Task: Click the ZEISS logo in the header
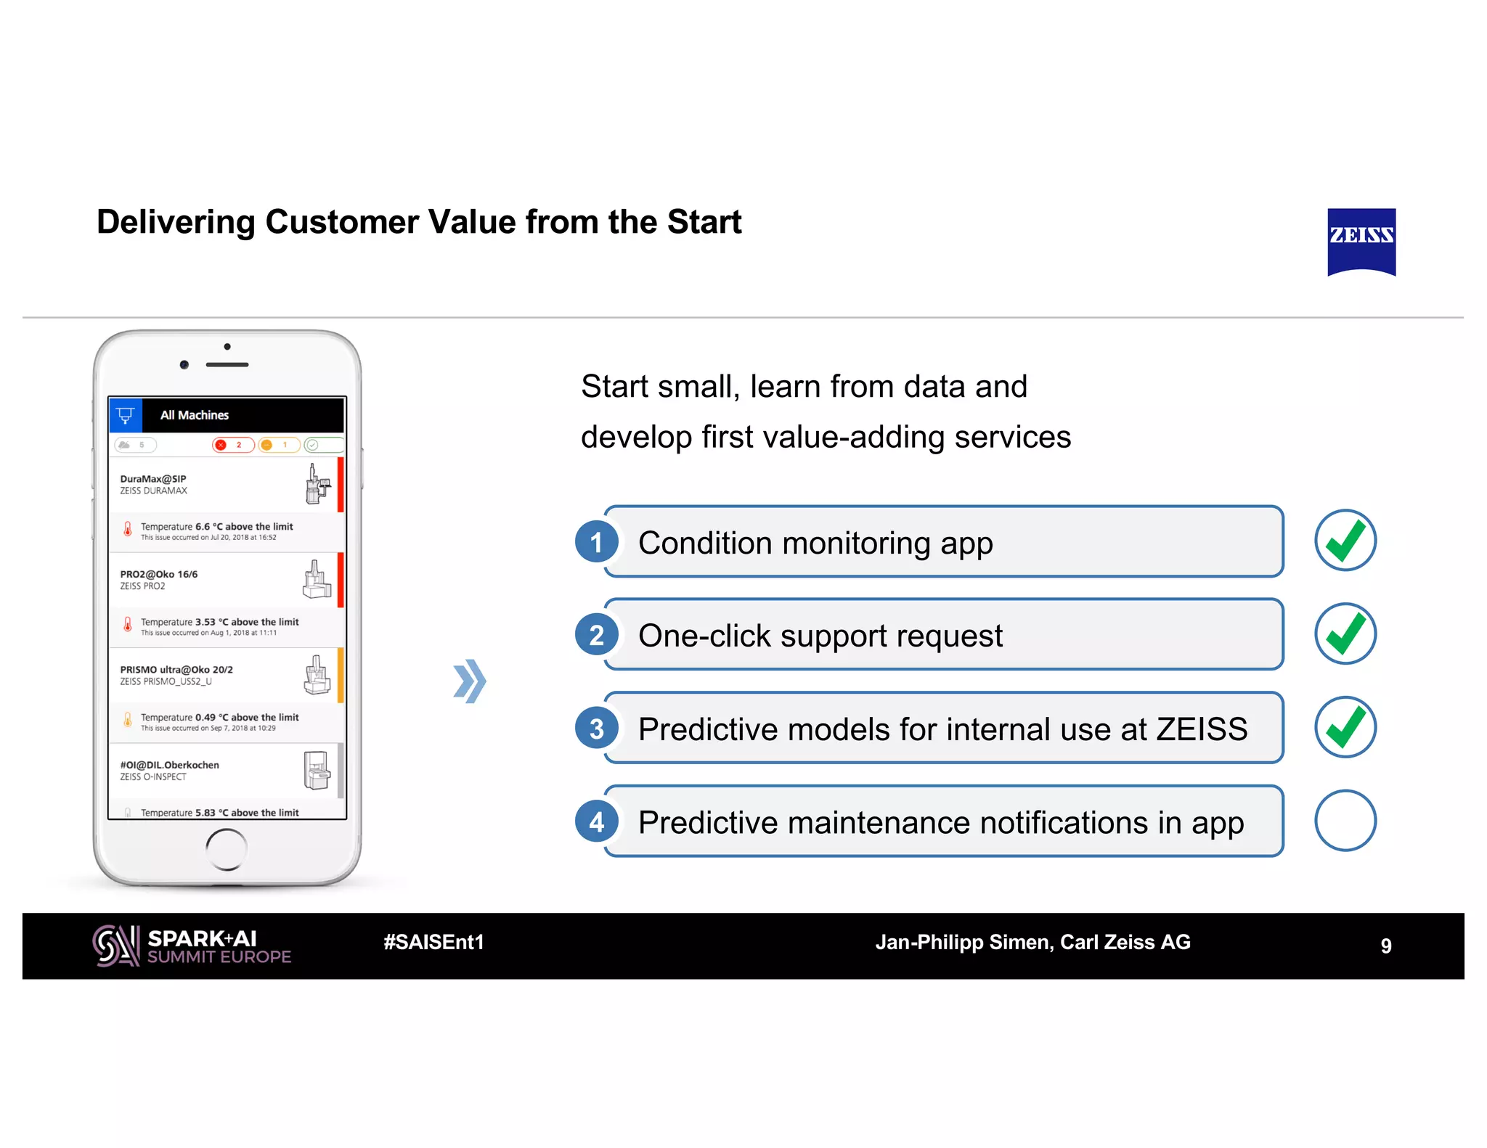tap(1361, 241)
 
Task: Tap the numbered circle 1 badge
tap(596, 542)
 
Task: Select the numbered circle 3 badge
tap(596, 729)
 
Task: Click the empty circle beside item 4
tap(1345, 820)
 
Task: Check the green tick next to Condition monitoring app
tap(1345, 541)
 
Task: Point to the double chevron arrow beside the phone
tap(469, 681)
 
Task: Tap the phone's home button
tap(227, 848)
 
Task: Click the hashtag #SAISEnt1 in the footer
tap(433, 942)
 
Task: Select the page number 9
tap(1385, 946)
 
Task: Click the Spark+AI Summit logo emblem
tap(115, 946)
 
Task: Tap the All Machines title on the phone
tap(195, 415)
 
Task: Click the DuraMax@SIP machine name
tap(153, 479)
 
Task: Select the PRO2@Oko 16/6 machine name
tap(159, 574)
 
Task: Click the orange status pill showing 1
tap(279, 445)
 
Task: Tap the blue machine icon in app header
tap(125, 415)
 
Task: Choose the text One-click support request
tap(820, 636)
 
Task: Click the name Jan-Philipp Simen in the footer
tap(964, 942)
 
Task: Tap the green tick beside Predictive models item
tap(1345, 727)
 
